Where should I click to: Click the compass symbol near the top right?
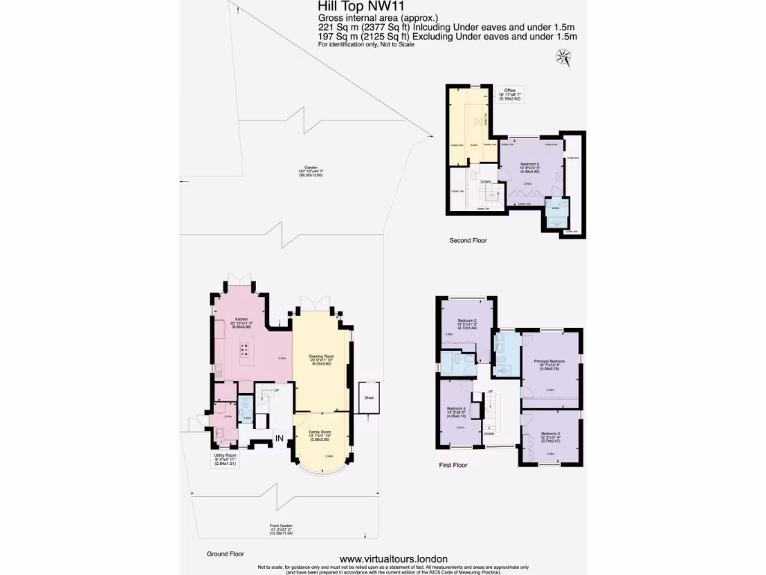coord(561,55)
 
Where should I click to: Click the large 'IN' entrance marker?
coord(280,439)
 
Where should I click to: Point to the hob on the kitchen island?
coord(245,349)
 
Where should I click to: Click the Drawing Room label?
coord(322,359)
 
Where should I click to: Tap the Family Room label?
coord(322,435)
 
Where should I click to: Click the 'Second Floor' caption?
coord(468,240)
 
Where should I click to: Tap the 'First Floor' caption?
coord(453,465)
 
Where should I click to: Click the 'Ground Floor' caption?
coord(226,554)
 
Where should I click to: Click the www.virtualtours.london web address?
coord(393,559)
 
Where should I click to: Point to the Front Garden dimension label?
coord(281,530)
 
